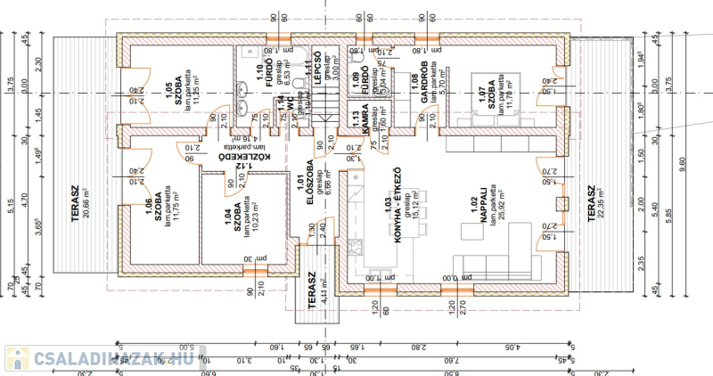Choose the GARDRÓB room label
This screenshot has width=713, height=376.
[x=418, y=87]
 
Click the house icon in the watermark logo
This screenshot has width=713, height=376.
[x=17, y=358]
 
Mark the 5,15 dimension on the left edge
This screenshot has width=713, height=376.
[x=11, y=204]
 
